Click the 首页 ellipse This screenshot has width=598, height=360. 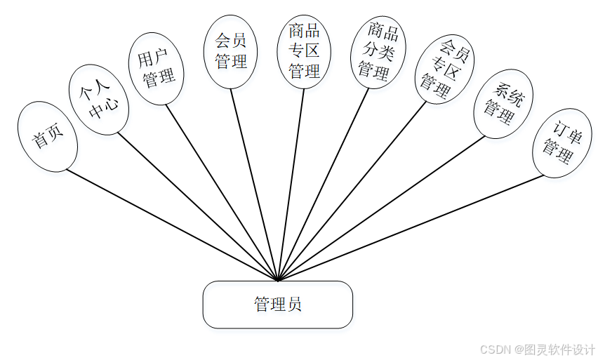(48, 136)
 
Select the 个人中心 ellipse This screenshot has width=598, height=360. (99, 100)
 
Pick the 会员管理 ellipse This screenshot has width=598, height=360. (231, 52)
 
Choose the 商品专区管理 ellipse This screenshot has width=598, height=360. (305, 51)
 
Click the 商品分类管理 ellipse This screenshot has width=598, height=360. (378, 53)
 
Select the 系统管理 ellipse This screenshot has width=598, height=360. (503, 103)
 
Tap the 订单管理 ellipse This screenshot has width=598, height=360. (562, 142)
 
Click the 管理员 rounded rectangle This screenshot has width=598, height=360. (277, 305)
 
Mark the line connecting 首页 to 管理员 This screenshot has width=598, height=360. (172, 225)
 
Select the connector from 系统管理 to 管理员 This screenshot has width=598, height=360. (383, 208)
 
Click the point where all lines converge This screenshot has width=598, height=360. (278, 280)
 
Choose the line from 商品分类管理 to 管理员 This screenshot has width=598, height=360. (323, 184)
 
